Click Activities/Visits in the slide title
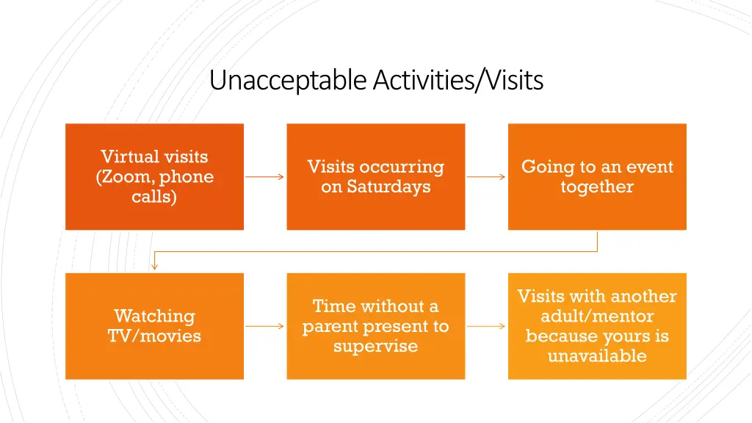pos(458,80)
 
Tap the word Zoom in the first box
pos(126,177)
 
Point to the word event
pos(650,167)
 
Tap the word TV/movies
pos(154,336)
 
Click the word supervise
pos(375,346)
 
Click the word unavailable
pos(597,356)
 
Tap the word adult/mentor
pos(597,317)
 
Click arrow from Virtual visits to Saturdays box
pos(264,177)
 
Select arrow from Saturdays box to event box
pos(486,177)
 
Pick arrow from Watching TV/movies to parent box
pos(264,326)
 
